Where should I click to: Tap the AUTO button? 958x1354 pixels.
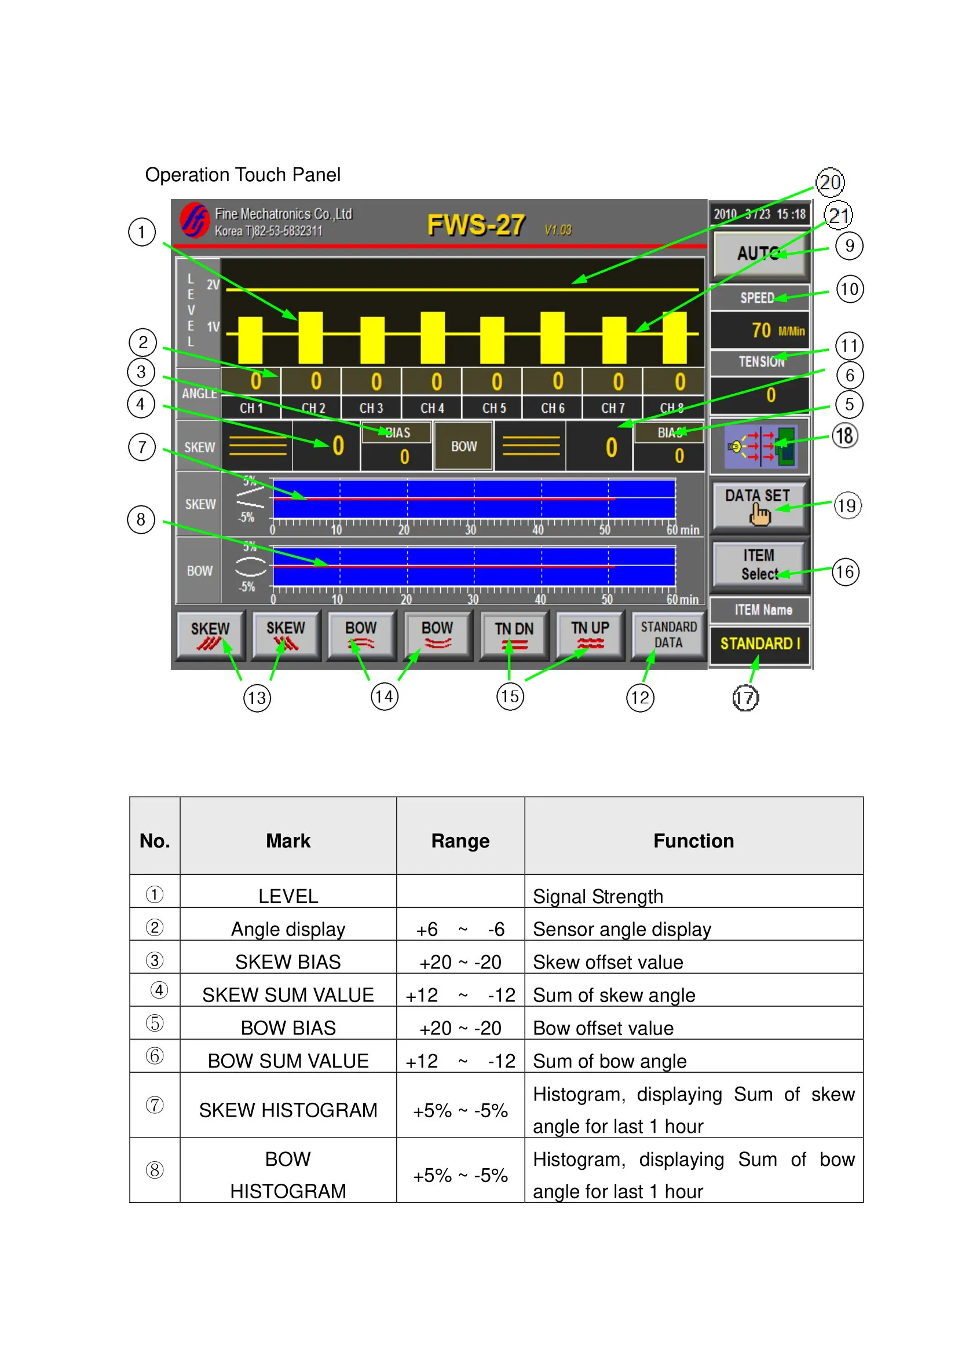(x=760, y=254)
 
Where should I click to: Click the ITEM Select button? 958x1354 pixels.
(x=759, y=564)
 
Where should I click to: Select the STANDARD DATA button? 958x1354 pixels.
(x=668, y=634)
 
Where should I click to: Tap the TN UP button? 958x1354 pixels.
(x=590, y=634)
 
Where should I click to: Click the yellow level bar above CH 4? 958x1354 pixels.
(x=433, y=337)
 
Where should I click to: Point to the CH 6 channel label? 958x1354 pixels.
(x=553, y=408)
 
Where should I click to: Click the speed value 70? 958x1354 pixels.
(x=761, y=330)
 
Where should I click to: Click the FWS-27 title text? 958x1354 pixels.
(x=476, y=225)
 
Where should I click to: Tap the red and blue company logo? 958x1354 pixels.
(x=195, y=220)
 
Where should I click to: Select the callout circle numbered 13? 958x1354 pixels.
(x=257, y=698)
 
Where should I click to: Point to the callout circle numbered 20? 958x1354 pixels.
(x=830, y=182)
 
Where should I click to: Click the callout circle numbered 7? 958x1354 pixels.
(x=141, y=447)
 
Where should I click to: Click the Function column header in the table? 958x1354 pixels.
(x=693, y=841)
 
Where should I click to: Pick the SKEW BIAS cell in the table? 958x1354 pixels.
(x=288, y=962)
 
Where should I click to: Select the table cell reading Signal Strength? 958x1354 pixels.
(x=598, y=896)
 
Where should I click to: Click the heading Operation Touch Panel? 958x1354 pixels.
(x=243, y=175)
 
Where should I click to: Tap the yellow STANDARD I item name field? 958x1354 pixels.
(x=760, y=643)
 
